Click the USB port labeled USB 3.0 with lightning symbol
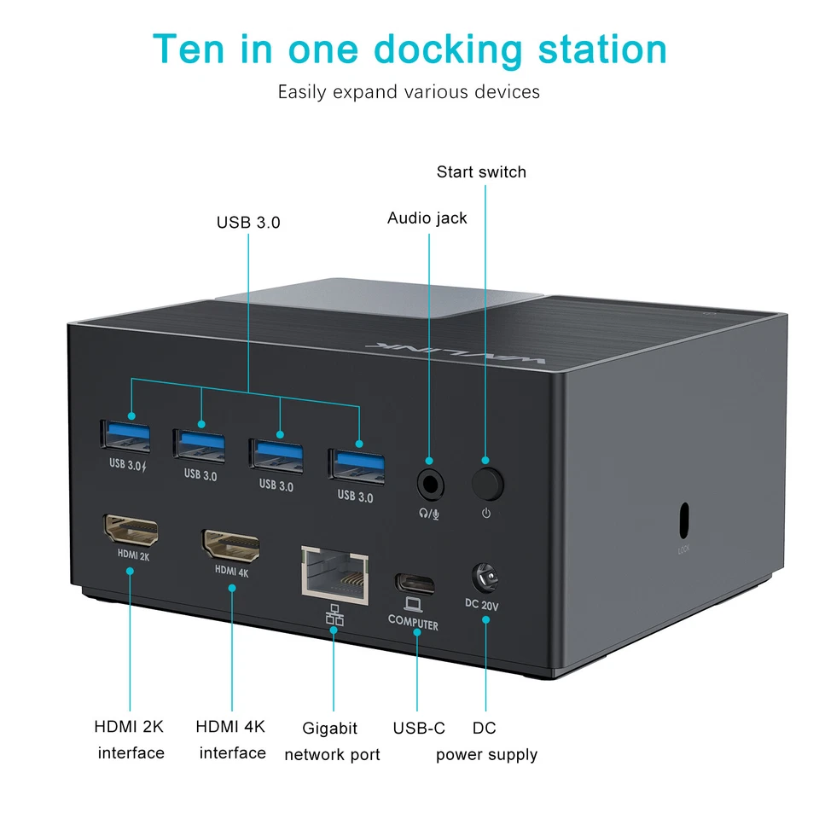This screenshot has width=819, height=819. click(126, 436)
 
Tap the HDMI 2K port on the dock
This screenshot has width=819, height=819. click(130, 531)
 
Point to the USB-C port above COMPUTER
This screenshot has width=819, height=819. click(415, 584)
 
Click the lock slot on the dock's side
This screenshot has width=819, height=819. click(682, 517)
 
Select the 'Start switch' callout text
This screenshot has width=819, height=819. click(481, 171)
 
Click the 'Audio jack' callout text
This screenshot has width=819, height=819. click(427, 218)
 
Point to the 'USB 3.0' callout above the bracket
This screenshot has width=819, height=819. click(248, 223)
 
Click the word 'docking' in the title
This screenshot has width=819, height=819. click(448, 49)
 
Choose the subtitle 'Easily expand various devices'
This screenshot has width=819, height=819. click(409, 92)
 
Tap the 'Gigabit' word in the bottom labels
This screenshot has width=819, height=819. click(330, 729)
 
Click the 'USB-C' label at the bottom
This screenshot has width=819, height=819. click(419, 729)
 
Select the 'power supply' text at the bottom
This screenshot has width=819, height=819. click(486, 754)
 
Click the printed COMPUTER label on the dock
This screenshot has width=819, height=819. click(413, 624)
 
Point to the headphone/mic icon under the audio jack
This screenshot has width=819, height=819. click(429, 513)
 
